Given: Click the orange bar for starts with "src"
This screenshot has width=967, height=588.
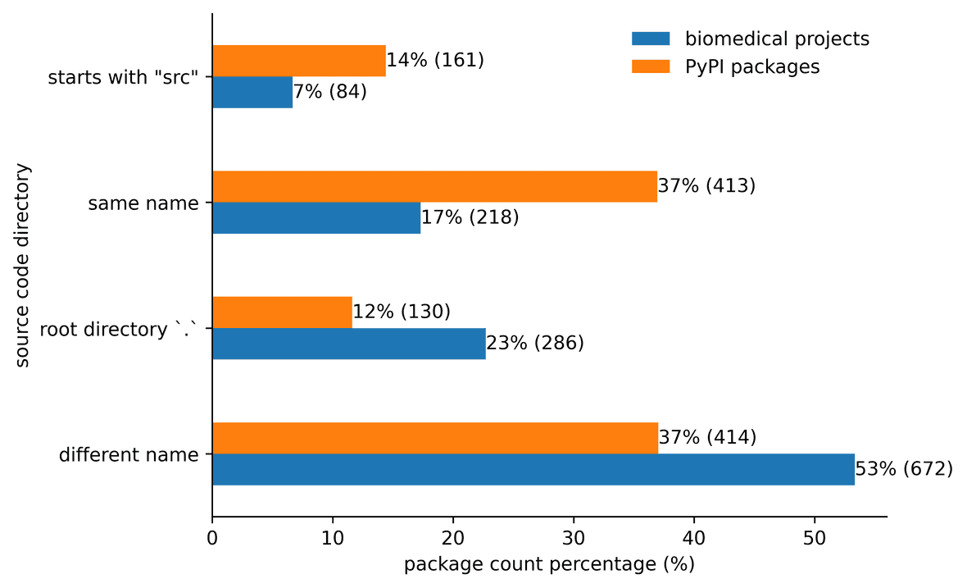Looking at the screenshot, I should coord(299,62).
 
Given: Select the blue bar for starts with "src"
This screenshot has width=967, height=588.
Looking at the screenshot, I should coord(252,93).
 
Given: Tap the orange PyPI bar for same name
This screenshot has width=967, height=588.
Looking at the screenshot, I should coord(434,187).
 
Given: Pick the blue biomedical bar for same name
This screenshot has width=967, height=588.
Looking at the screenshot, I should coord(316,218).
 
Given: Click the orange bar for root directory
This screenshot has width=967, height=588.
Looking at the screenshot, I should coord(283,312).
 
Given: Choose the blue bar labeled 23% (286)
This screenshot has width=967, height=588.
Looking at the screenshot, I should coord(349,344).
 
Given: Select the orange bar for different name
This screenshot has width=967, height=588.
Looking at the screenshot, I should coord(435,438).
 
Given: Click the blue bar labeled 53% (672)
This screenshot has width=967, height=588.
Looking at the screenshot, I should coord(533,469).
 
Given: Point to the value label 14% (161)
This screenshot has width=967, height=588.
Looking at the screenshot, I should coord(435,61).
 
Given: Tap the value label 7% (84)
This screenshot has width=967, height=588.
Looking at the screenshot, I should coord(329,92).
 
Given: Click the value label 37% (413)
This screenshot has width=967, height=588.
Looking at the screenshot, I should coord(706,186).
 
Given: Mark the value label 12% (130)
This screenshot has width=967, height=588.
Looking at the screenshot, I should coord(402,312).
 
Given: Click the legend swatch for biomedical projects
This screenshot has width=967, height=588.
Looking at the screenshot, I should coord(651,39).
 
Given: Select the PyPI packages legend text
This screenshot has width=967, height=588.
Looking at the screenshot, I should coord(751,67).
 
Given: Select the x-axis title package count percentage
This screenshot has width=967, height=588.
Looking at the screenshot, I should coord(549,565).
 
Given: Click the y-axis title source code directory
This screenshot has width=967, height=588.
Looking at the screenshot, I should coord(23,265).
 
